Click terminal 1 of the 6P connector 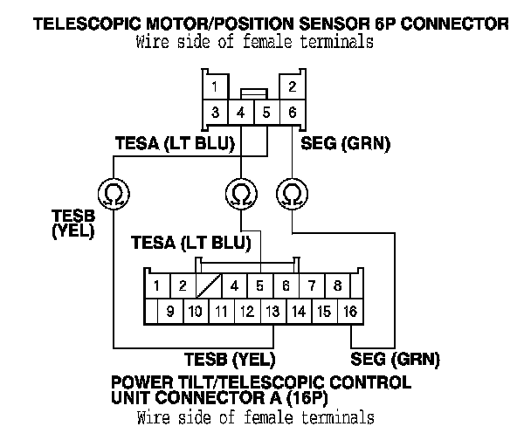pos(216,86)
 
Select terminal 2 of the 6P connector pos(293,86)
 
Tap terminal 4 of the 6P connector pos(241,113)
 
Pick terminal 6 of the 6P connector pos(293,113)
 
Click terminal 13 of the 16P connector pos(273,311)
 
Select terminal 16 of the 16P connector pos(350,311)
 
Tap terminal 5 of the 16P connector pos(260,285)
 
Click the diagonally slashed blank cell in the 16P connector pos(209,285)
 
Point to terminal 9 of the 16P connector pos(170,311)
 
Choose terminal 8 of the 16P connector pos(337,285)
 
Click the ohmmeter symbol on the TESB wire pos(114,194)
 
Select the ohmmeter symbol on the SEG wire pos(293,194)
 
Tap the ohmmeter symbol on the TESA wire pos(241,194)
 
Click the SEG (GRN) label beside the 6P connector pos(346,144)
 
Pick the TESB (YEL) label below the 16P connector pos(230,360)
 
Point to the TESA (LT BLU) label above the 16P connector pos(191,243)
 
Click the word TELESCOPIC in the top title pos(87,24)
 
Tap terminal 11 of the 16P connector pos(222,311)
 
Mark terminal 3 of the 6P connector pos(216,113)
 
